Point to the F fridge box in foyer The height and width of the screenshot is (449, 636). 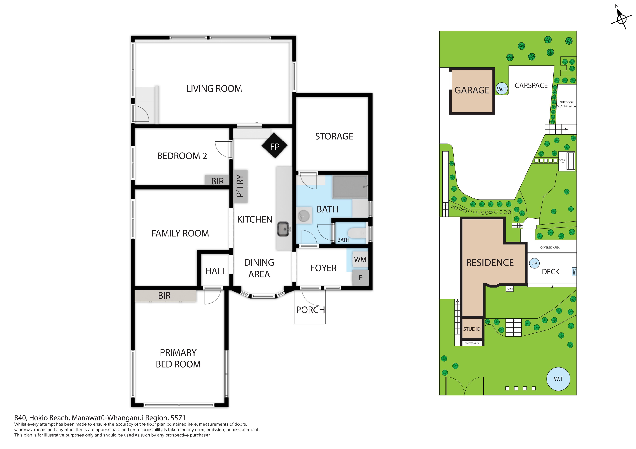[360, 278]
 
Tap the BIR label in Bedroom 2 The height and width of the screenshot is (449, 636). [217, 181]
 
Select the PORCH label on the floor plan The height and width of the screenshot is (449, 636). [310, 310]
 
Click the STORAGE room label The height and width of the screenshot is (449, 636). [334, 137]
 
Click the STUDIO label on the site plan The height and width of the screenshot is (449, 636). [472, 329]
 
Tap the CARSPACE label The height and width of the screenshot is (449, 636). [531, 85]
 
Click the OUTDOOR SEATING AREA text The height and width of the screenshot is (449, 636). [566, 104]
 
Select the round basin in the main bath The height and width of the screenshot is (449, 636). [304, 216]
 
